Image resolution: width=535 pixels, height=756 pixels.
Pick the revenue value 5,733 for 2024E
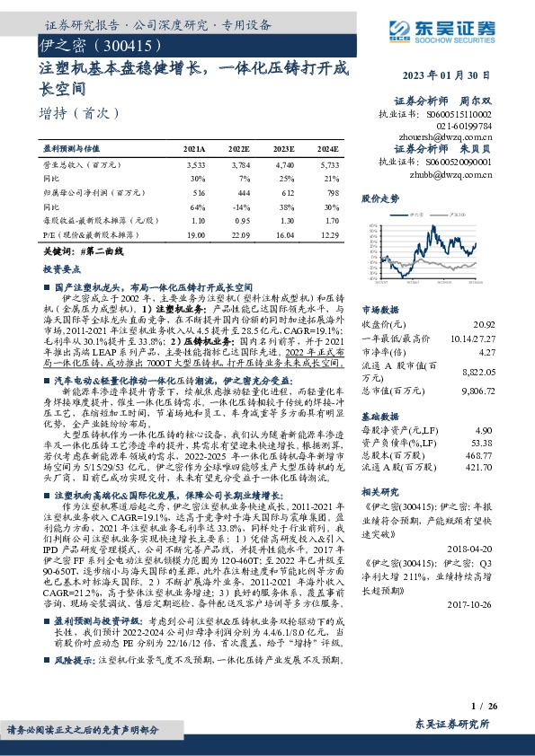(329, 165)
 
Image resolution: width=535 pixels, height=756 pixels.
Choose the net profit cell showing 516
(199, 192)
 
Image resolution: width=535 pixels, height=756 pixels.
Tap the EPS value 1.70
(331, 220)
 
